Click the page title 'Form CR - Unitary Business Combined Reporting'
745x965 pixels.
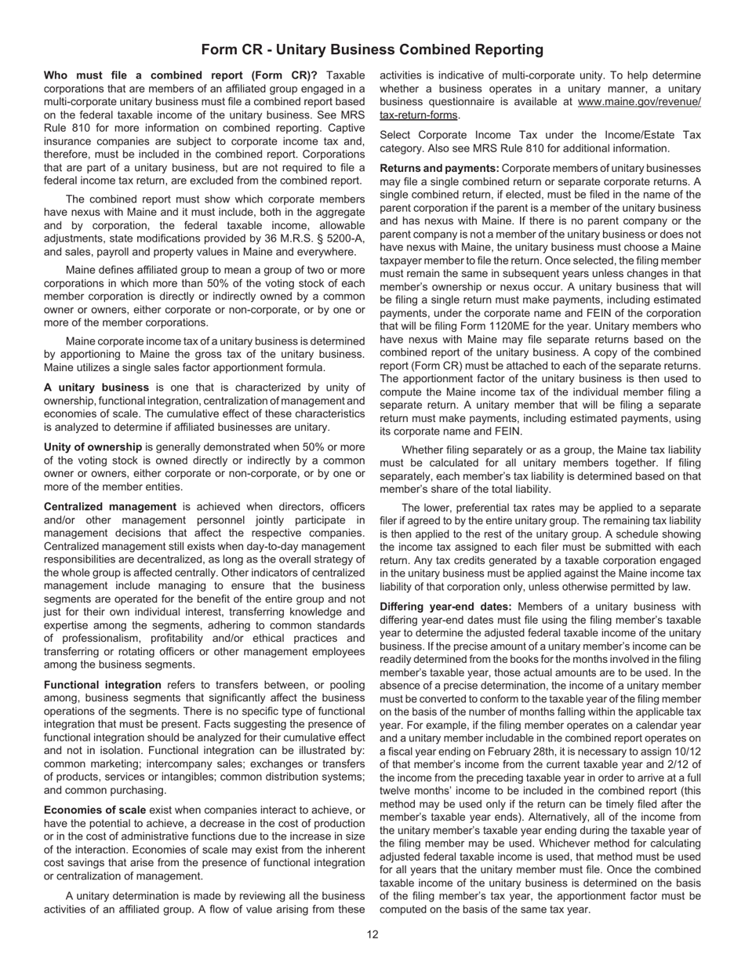(372, 49)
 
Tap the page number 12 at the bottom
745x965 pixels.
(372, 934)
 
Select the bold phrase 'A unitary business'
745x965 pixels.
(96, 388)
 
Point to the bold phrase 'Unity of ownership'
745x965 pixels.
(93, 447)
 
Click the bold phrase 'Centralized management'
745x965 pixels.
(110, 507)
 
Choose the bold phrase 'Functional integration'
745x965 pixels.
(102, 685)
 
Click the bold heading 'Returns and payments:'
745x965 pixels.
(439, 168)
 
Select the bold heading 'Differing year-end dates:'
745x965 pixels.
(445, 606)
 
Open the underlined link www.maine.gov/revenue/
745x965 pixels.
(639, 102)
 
